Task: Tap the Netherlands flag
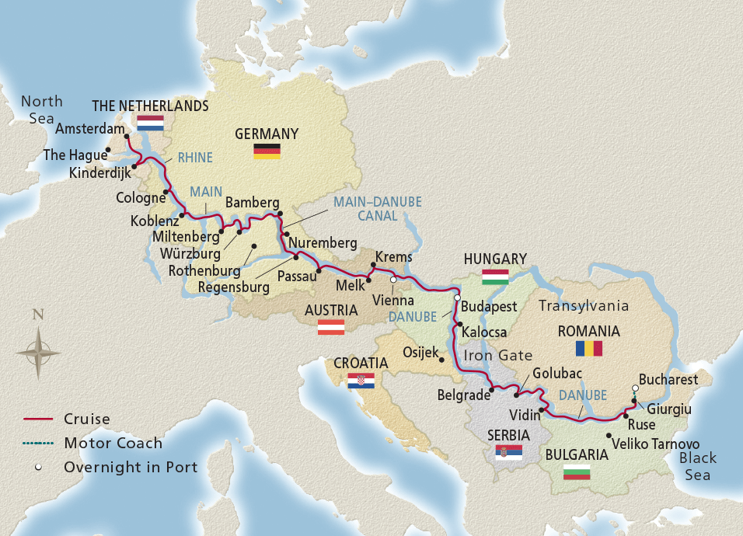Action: (x=150, y=123)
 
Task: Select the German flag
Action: (x=267, y=151)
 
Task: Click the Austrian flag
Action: (x=331, y=327)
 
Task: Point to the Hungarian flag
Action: (x=495, y=277)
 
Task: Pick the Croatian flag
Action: (x=361, y=381)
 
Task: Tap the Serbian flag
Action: (x=508, y=452)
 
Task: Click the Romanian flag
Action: (x=588, y=348)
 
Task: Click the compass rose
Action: (x=38, y=352)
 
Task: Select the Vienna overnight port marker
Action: (x=393, y=280)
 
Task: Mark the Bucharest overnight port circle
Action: (x=635, y=388)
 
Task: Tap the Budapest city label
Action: (x=490, y=306)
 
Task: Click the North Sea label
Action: (x=40, y=110)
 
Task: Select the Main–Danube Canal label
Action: (x=377, y=208)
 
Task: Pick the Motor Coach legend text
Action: (x=113, y=443)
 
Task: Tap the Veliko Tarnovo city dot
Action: (x=608, y=436)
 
